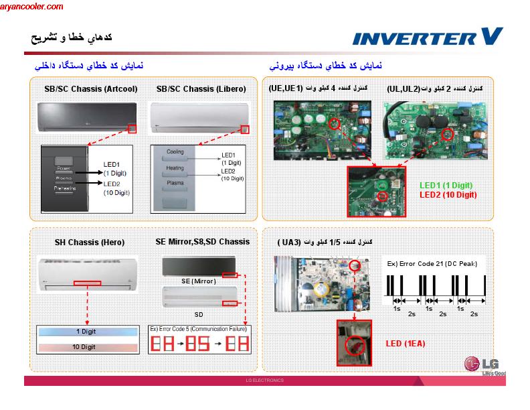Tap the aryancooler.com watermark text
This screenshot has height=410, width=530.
[x=32, y=7]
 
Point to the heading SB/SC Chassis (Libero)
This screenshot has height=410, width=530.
[x=201, y=88]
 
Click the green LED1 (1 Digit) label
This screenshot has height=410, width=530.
[x=446, y=185]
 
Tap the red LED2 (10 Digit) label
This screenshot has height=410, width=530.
[x=448, y=195]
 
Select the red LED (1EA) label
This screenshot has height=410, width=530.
[x=406, y=344]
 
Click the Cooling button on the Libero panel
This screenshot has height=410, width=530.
[x=175, y=152]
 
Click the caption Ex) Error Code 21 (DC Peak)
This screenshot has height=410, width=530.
[x=432, y=264]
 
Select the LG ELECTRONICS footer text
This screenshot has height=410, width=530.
[x=265, y=380]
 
